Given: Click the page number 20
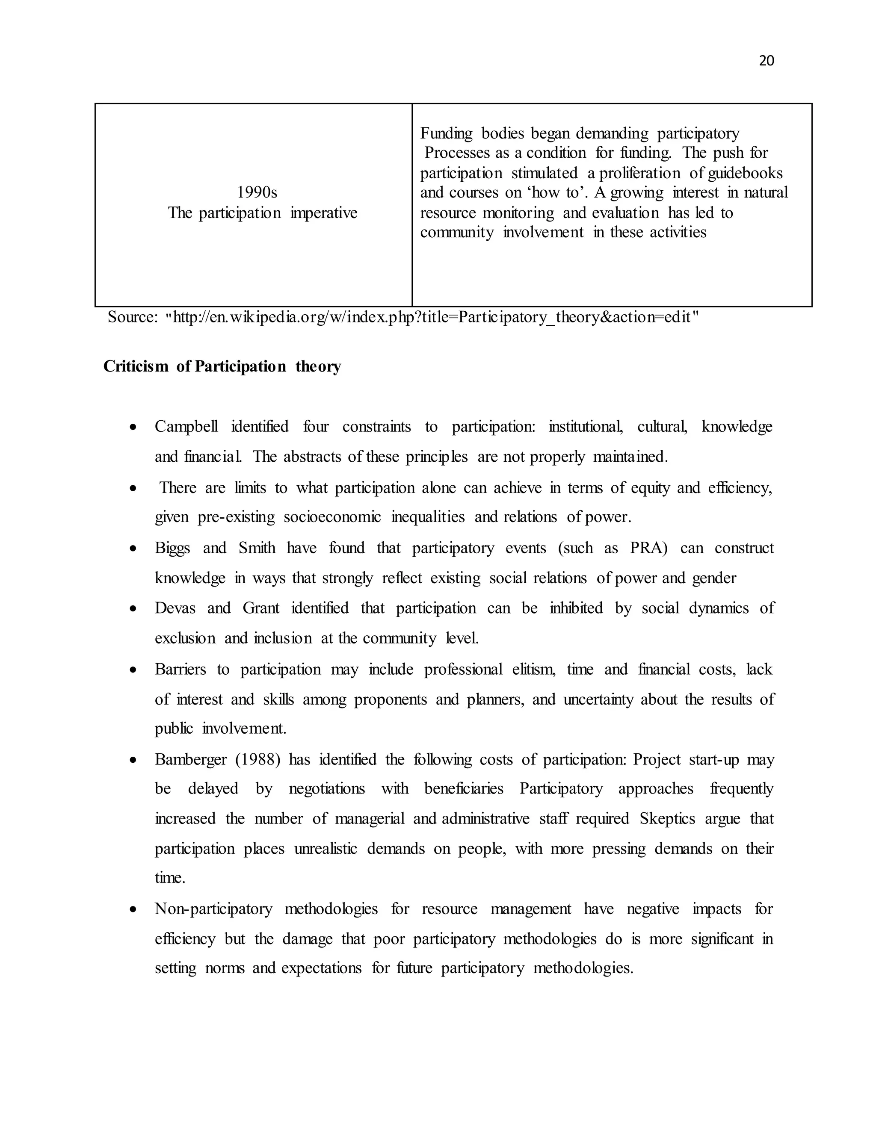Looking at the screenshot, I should [x=766, y=61].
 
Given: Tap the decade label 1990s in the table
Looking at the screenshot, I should [x=257, y=193].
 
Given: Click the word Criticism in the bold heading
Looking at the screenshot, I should [x=136, y=367].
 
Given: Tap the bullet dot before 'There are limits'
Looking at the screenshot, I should [x=133, y=488].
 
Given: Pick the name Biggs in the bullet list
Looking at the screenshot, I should [x=172, y=549].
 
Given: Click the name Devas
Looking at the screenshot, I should [x=175, y=608].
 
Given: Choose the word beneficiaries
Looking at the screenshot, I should [x=463, y=789].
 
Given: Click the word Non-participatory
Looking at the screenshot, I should [x=213, y=909].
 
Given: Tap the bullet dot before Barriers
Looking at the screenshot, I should [x=133, y=670].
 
